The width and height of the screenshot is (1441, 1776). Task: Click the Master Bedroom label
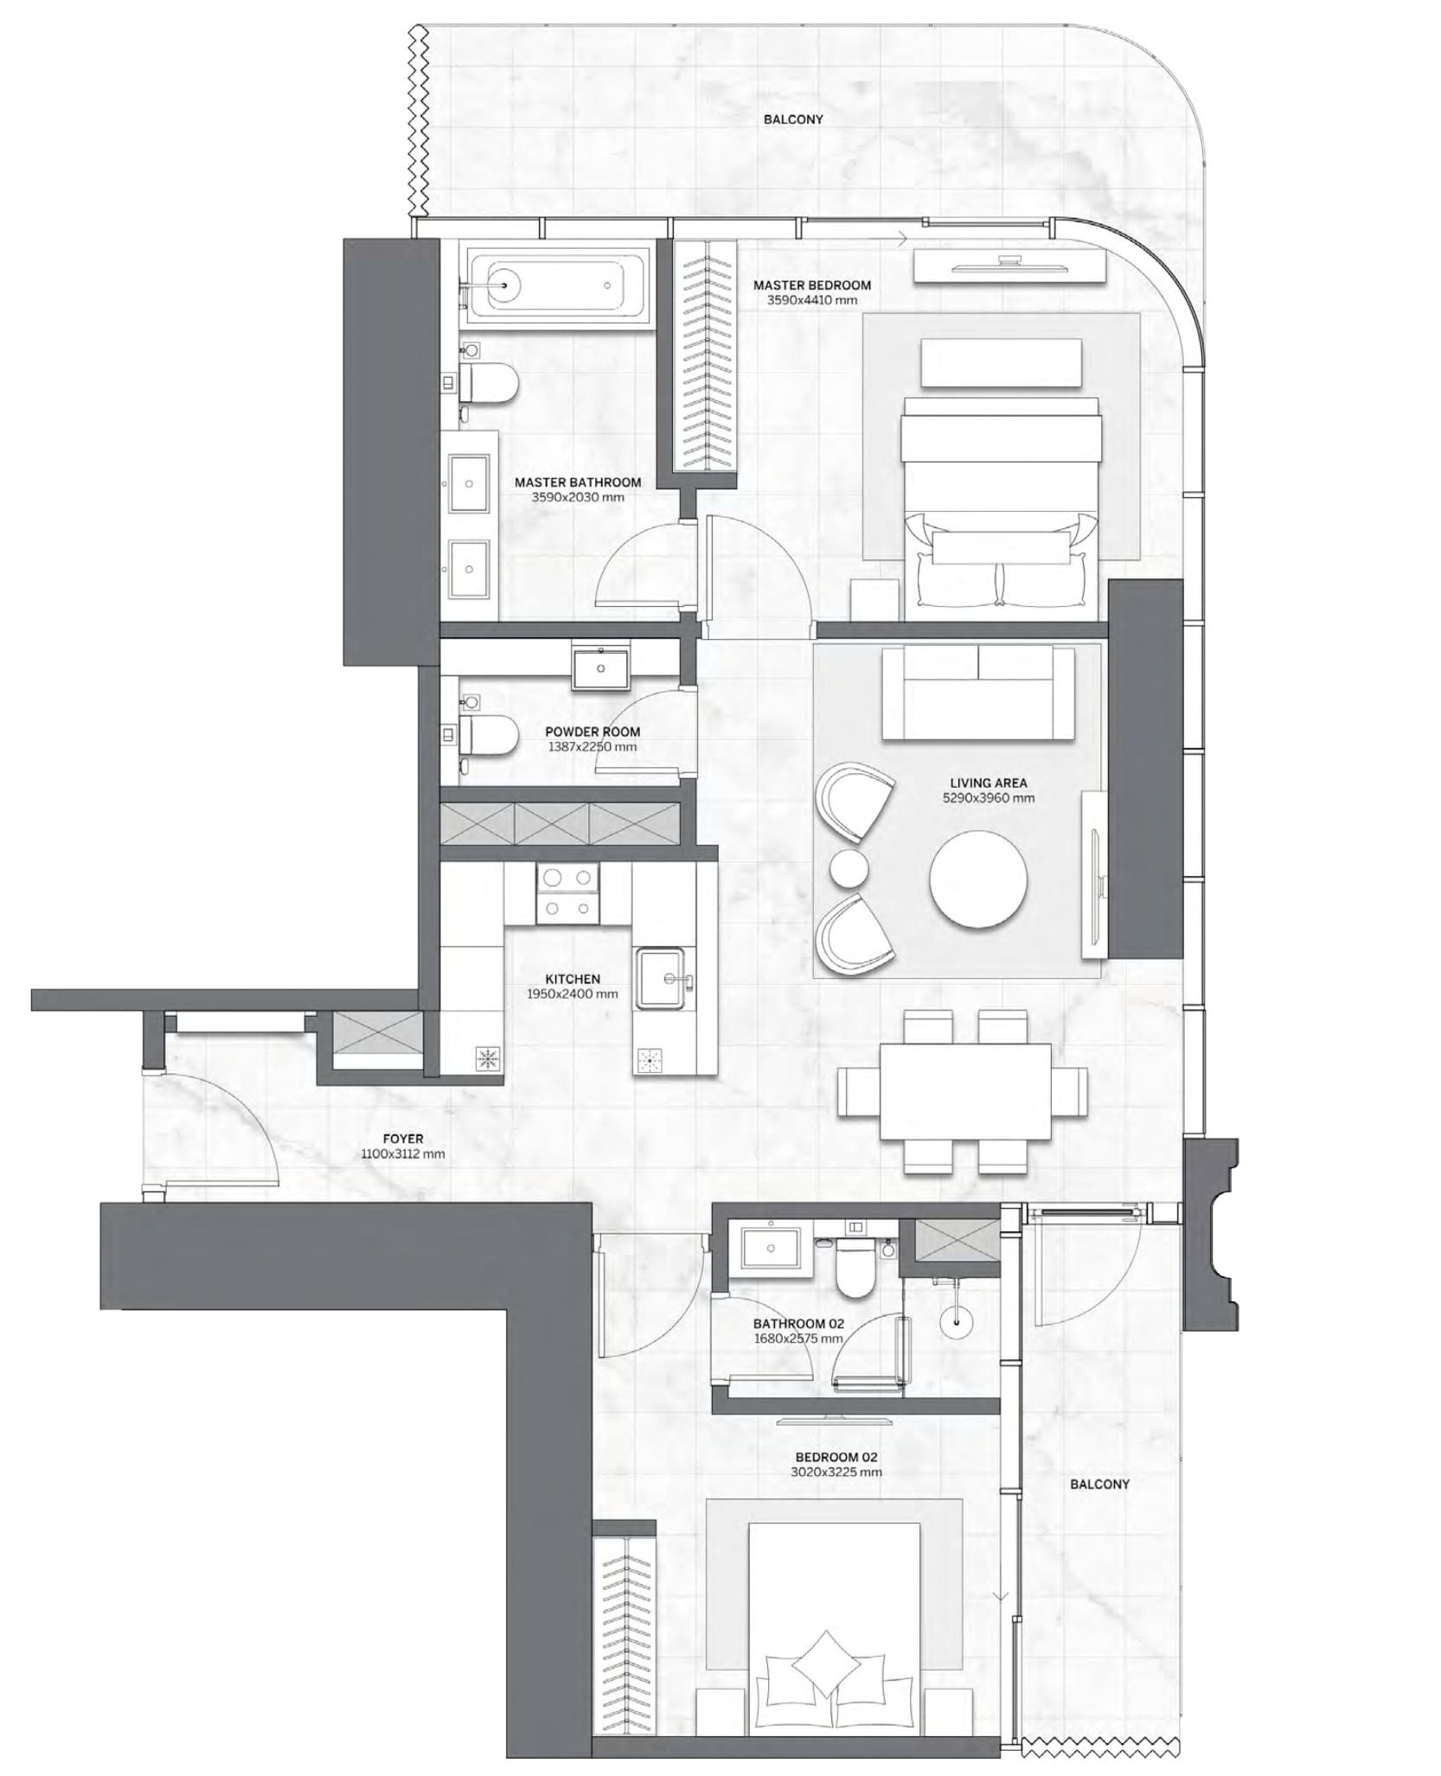(811, 284)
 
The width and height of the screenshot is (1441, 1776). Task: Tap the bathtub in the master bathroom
(558, 286)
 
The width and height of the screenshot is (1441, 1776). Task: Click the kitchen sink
(662, 979)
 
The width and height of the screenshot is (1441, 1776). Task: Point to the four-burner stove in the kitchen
(567, 893)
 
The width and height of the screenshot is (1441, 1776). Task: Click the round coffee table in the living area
(978, 880)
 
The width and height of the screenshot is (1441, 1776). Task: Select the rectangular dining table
(965, 1092)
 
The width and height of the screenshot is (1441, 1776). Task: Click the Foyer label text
(403, 1139)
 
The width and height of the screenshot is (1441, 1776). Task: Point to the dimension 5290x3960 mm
(989, 798)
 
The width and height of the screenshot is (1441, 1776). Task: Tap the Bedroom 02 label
(836, 1457)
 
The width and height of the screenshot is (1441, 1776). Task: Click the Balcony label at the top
(793, 119)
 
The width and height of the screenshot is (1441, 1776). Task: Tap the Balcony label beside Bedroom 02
(1099, 1484)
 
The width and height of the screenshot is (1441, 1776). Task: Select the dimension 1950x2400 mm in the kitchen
(573, 994)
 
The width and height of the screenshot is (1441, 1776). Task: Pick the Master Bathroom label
(578, 482)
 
